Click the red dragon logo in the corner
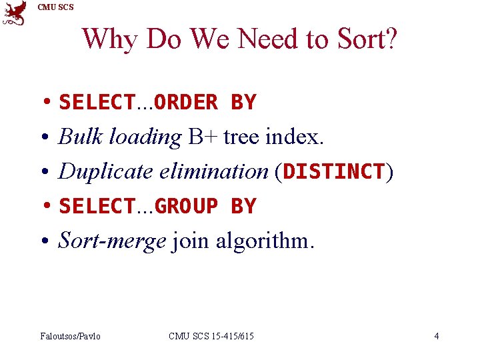tap(15, 13)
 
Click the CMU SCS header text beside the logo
tap(56, 7)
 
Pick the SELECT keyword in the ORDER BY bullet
tap(97, 103)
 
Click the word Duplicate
tap(106, 172)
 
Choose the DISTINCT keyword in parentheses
tap(334, 172)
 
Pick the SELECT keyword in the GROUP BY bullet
tap(97, 207)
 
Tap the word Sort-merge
tap(112, 241)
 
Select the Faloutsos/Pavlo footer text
tap(71, 336)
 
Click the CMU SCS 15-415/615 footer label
tap(211, 336)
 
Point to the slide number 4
tap(437, 336)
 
